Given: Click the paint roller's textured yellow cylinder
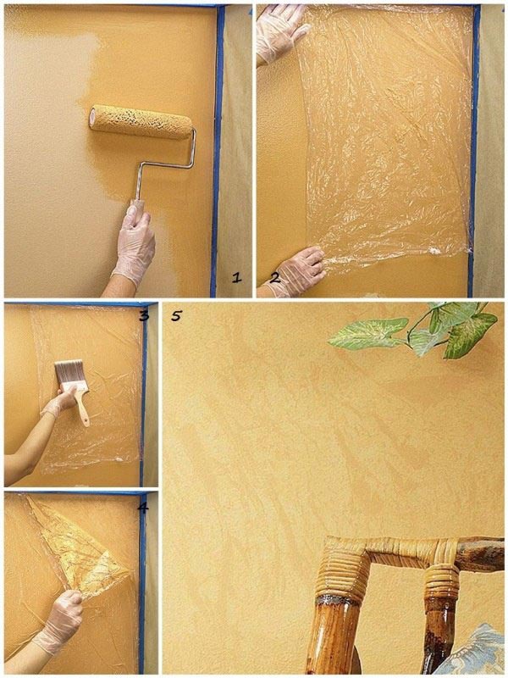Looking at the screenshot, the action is (141, 122).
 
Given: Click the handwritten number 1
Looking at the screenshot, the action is (236, 277).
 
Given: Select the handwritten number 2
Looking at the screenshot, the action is (275, 277).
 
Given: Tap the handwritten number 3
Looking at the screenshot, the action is (144, 315).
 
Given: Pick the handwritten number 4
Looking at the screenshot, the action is (143, 507).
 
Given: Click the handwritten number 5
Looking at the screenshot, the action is (176, 315).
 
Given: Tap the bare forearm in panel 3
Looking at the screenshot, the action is (28, 446).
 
